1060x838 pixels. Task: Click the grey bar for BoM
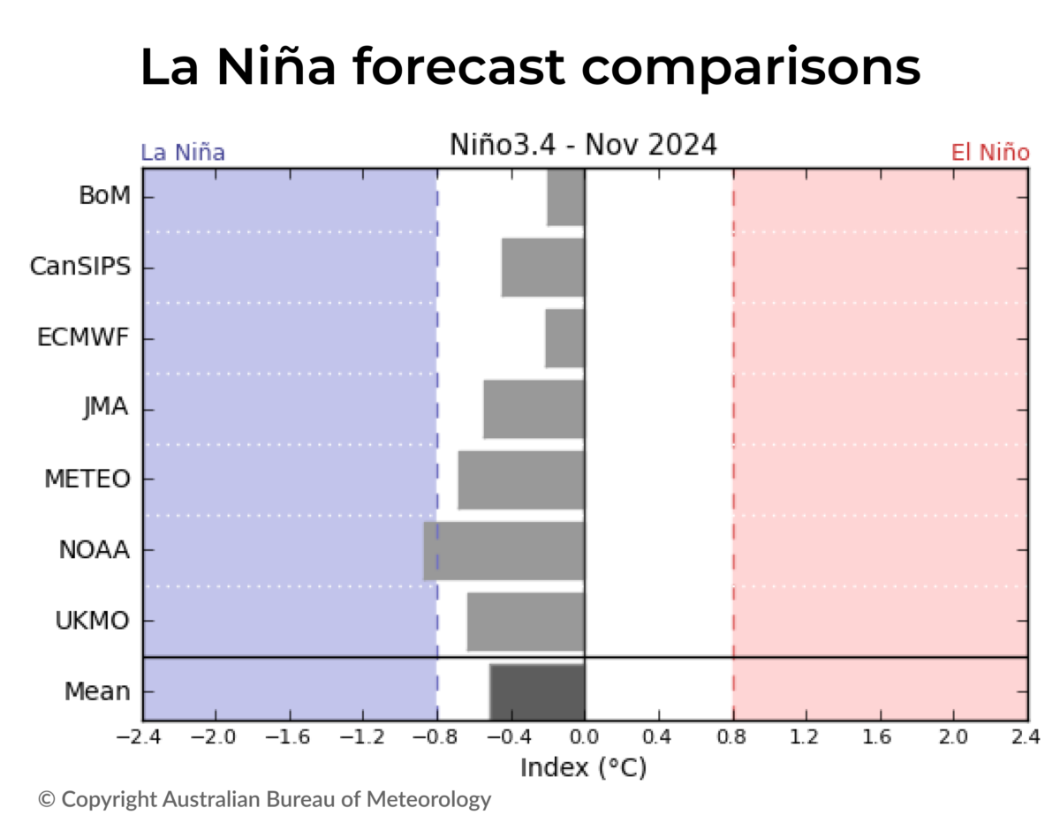tap(565, 196)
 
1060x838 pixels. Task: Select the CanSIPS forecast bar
tap(542, 267)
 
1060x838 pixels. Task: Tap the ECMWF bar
tap(564, 338)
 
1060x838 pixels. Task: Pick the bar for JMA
tap(534, 409)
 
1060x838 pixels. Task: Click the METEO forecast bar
tap(521, 479)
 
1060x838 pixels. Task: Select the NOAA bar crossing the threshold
tap(503, 550)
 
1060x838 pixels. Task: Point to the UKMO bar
tap(526, 621)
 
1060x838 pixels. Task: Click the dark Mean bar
tap(537, 691)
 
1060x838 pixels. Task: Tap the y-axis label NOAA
tap(94, 550)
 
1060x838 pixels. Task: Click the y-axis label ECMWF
tap(84, 338)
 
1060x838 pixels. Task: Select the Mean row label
tap(97, 691)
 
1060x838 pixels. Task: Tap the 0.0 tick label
tap(584, 737)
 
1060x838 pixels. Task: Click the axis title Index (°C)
tap(583, 767)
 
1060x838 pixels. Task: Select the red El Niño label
tap(989, 153)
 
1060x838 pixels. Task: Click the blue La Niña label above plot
tap(183, 153)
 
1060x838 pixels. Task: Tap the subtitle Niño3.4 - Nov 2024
tap(583, 144)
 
